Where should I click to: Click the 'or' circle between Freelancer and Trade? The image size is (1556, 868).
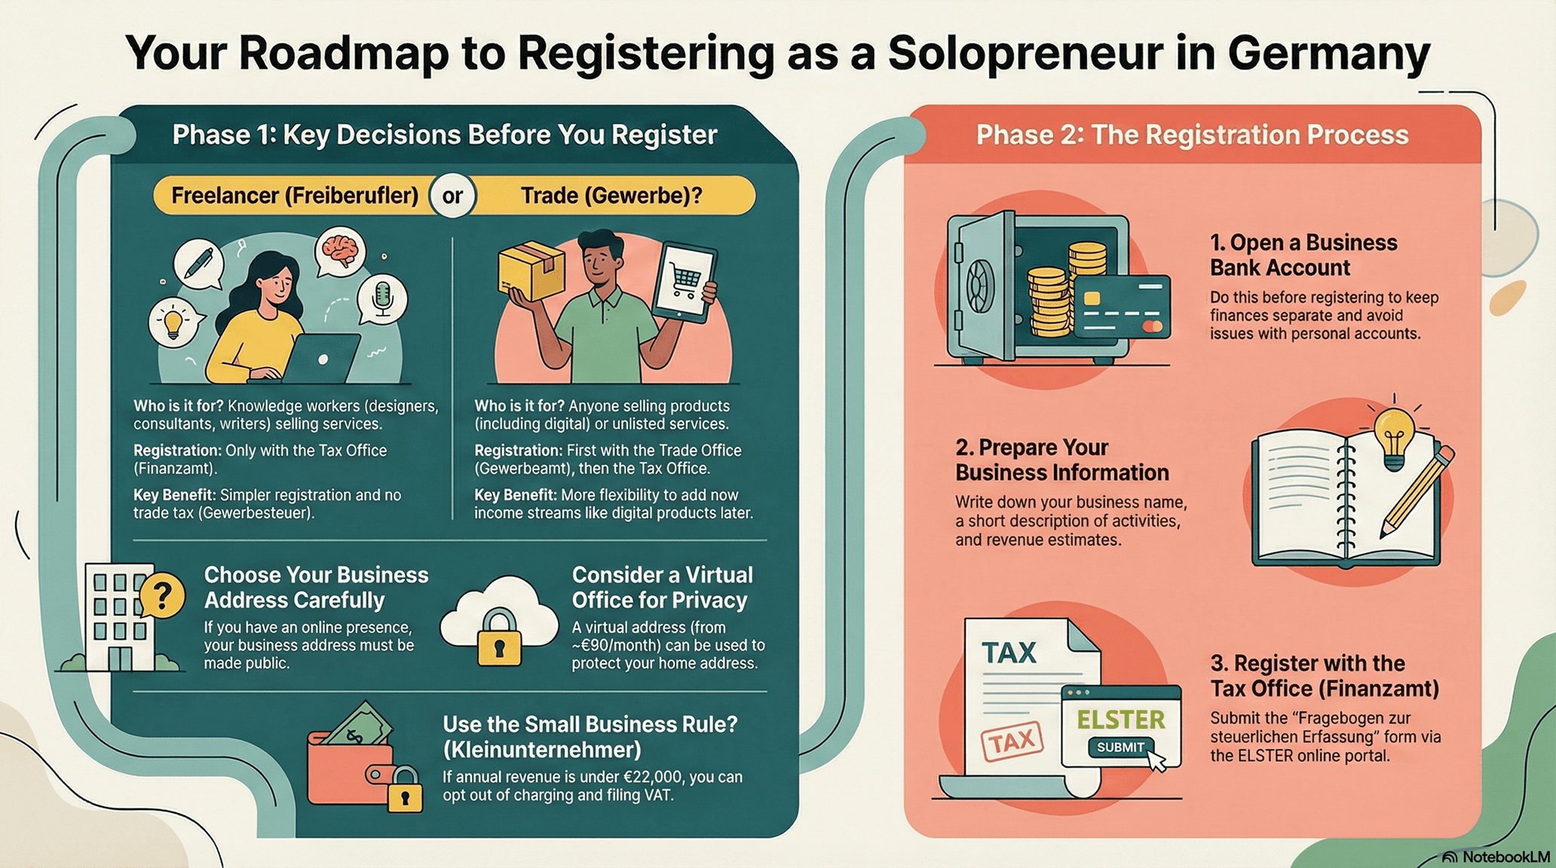pyautogui.click(x=452, y=196)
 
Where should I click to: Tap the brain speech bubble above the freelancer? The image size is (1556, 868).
pyautogui.click(x=341, y=249)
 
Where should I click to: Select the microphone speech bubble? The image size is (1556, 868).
pyautogui.click(x=383, y=298)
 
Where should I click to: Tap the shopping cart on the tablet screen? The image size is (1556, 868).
pyautogui.click(x=685, y=281)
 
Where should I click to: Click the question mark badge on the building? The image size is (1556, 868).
pyautogui.click(x=161, y=595)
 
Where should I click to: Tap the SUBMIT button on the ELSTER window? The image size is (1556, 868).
pyautogui.click(x=1121, y=747)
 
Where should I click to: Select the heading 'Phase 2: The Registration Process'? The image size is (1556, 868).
pyautogui.click(x=1192, y=135)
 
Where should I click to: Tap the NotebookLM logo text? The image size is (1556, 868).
pyautogui.click(x=1505, y=857)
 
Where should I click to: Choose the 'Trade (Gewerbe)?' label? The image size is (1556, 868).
pyautogui.click(x=611, y=196)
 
